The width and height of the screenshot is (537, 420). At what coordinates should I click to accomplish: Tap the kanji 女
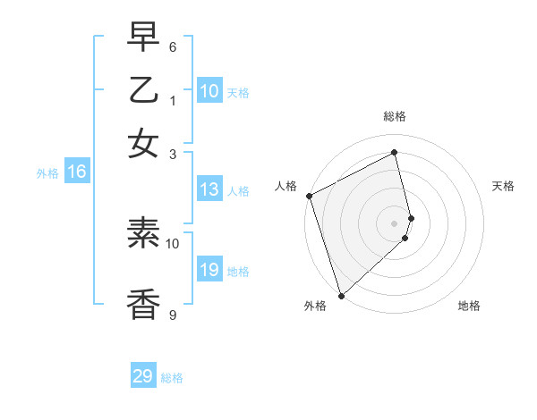pos(143,143)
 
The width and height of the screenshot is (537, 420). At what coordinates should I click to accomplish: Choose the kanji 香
pos(143,303)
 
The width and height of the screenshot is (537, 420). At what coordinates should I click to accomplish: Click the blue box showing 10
pos(209,91)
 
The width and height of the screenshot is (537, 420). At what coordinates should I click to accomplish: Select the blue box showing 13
pos(209,189)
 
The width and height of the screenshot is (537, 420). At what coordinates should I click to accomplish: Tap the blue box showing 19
pos(209,271)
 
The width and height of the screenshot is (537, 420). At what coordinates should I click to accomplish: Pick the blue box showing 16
pos(77,172)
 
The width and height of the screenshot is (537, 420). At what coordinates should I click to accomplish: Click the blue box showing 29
pos(143,376)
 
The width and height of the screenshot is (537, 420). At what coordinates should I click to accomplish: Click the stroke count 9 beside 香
pos(173,315)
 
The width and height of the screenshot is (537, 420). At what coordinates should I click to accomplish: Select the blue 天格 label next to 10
pos(238,92)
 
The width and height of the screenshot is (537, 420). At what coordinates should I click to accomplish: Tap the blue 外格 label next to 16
pos(47,173)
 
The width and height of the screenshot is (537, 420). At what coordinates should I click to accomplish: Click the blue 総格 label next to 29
pos(172,378)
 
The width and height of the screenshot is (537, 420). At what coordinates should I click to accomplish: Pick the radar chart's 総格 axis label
pos(395,116)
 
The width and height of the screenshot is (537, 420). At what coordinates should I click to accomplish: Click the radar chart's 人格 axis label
pos(286,186)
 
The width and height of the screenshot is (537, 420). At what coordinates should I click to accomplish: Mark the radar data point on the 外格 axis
pos(341,295)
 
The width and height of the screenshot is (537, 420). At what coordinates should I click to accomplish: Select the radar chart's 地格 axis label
pos(469,306)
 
